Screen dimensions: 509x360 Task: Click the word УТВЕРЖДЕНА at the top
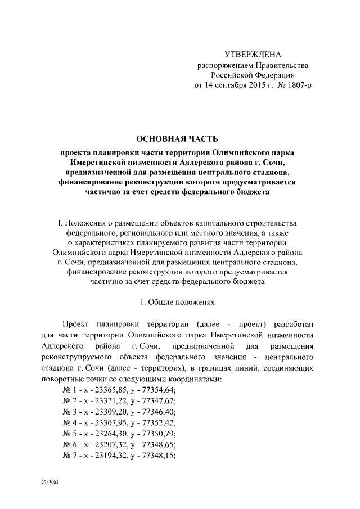coord(252,55)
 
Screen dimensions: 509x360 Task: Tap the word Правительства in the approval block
coord(279,66)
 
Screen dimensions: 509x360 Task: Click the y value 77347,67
coord(159,400)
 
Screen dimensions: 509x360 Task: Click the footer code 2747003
coord(49,483)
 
